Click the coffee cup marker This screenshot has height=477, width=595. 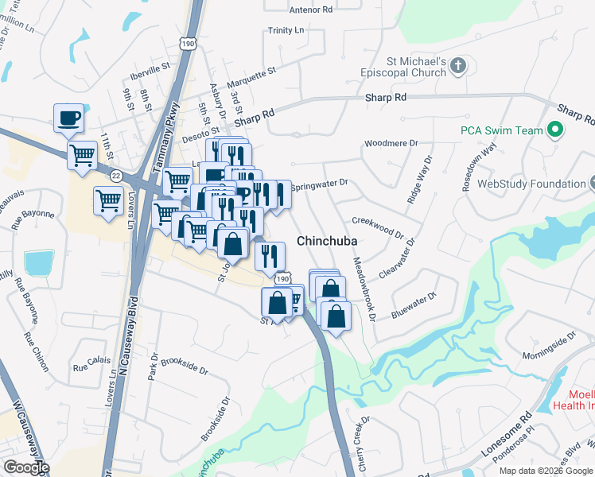(x=68, y=118)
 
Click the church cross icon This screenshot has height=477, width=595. (x=458, y=67)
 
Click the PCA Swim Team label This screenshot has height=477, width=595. (x=500, y=130)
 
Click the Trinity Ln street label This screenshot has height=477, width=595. (x=286, y=30)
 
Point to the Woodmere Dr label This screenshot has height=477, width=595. (x=391, y=144)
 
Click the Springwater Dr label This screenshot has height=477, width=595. (x=320, y=184)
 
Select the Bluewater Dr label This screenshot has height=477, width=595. (x=414, y=305)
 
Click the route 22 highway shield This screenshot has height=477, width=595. (x=116, y=175)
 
